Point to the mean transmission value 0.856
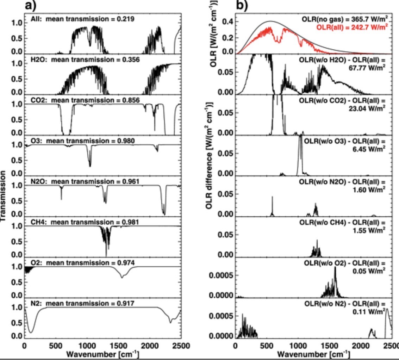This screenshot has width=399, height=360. [x=128, y=100]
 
